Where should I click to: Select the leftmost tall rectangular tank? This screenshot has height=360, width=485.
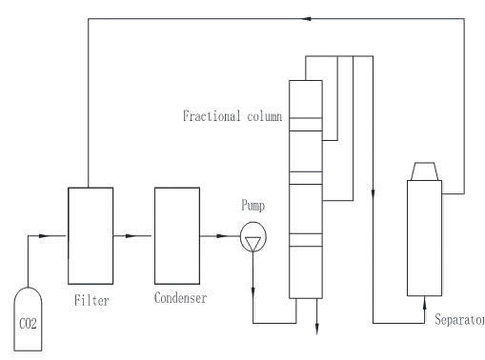pyautogui.click(x=88, y=233)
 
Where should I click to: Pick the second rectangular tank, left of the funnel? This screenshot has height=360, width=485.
pyautogui.click(x=179, y=233)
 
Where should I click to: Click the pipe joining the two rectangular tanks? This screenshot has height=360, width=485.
pyautogui.click(x=133, y=232)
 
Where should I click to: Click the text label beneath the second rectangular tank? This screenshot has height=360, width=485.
pyautogui.click(x=179, y=297)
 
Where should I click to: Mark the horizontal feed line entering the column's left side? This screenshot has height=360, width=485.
pyautogui.click(x=233, y=114)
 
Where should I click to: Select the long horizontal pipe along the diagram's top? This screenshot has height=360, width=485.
pyautogui.click(x=276, y=17)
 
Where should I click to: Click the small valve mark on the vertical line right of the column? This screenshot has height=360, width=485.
pyautogui.click(x=374, y=190)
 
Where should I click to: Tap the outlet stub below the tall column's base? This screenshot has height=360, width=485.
pyautogui.click(x=315, y=319)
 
